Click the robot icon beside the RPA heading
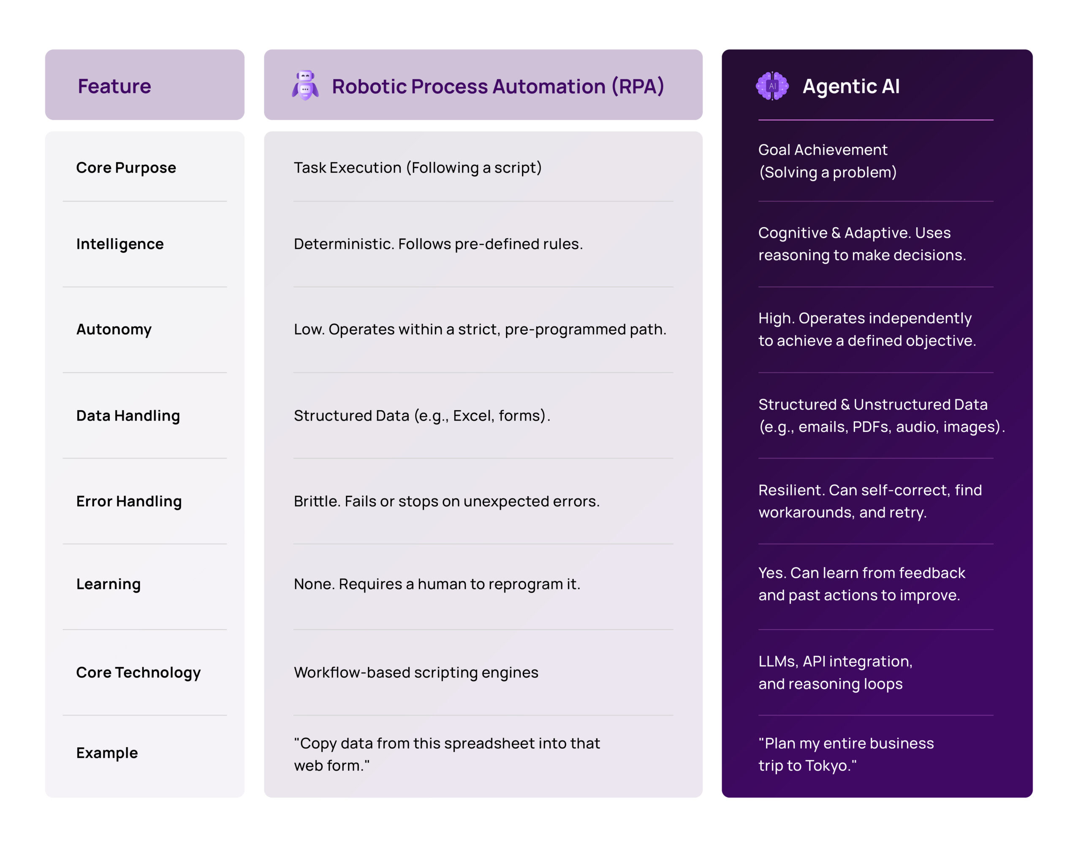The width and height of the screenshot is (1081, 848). (x=305, y=85)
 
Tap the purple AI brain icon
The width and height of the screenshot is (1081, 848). (x=772, y=86)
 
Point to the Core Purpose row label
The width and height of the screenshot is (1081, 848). (x=126, y=168)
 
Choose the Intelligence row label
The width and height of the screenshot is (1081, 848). (x=120, y=244)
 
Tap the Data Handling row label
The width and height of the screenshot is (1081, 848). (x=128, y=416)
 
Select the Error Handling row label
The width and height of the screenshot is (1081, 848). (x=129, y=501)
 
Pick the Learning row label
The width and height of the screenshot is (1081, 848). (x=108, y=584)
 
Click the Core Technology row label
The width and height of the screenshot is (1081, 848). (x=139, y=672)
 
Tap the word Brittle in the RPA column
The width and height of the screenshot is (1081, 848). (x=316, y=501)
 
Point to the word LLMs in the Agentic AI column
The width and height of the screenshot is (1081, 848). (x=778, y=661)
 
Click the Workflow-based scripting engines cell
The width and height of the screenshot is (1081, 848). (x=416, y=672)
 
